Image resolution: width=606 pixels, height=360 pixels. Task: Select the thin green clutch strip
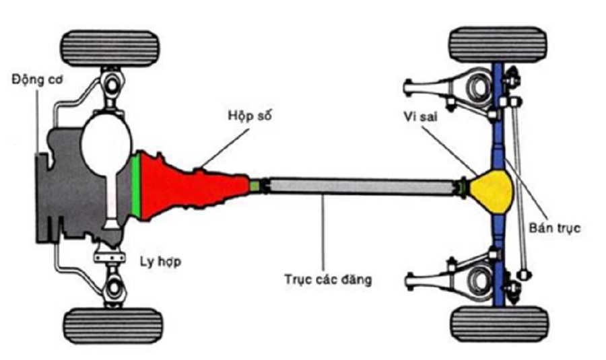point(136,186)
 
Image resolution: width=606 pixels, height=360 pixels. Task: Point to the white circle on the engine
point(105,145)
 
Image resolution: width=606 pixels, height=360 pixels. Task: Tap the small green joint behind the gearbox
point(256,184)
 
